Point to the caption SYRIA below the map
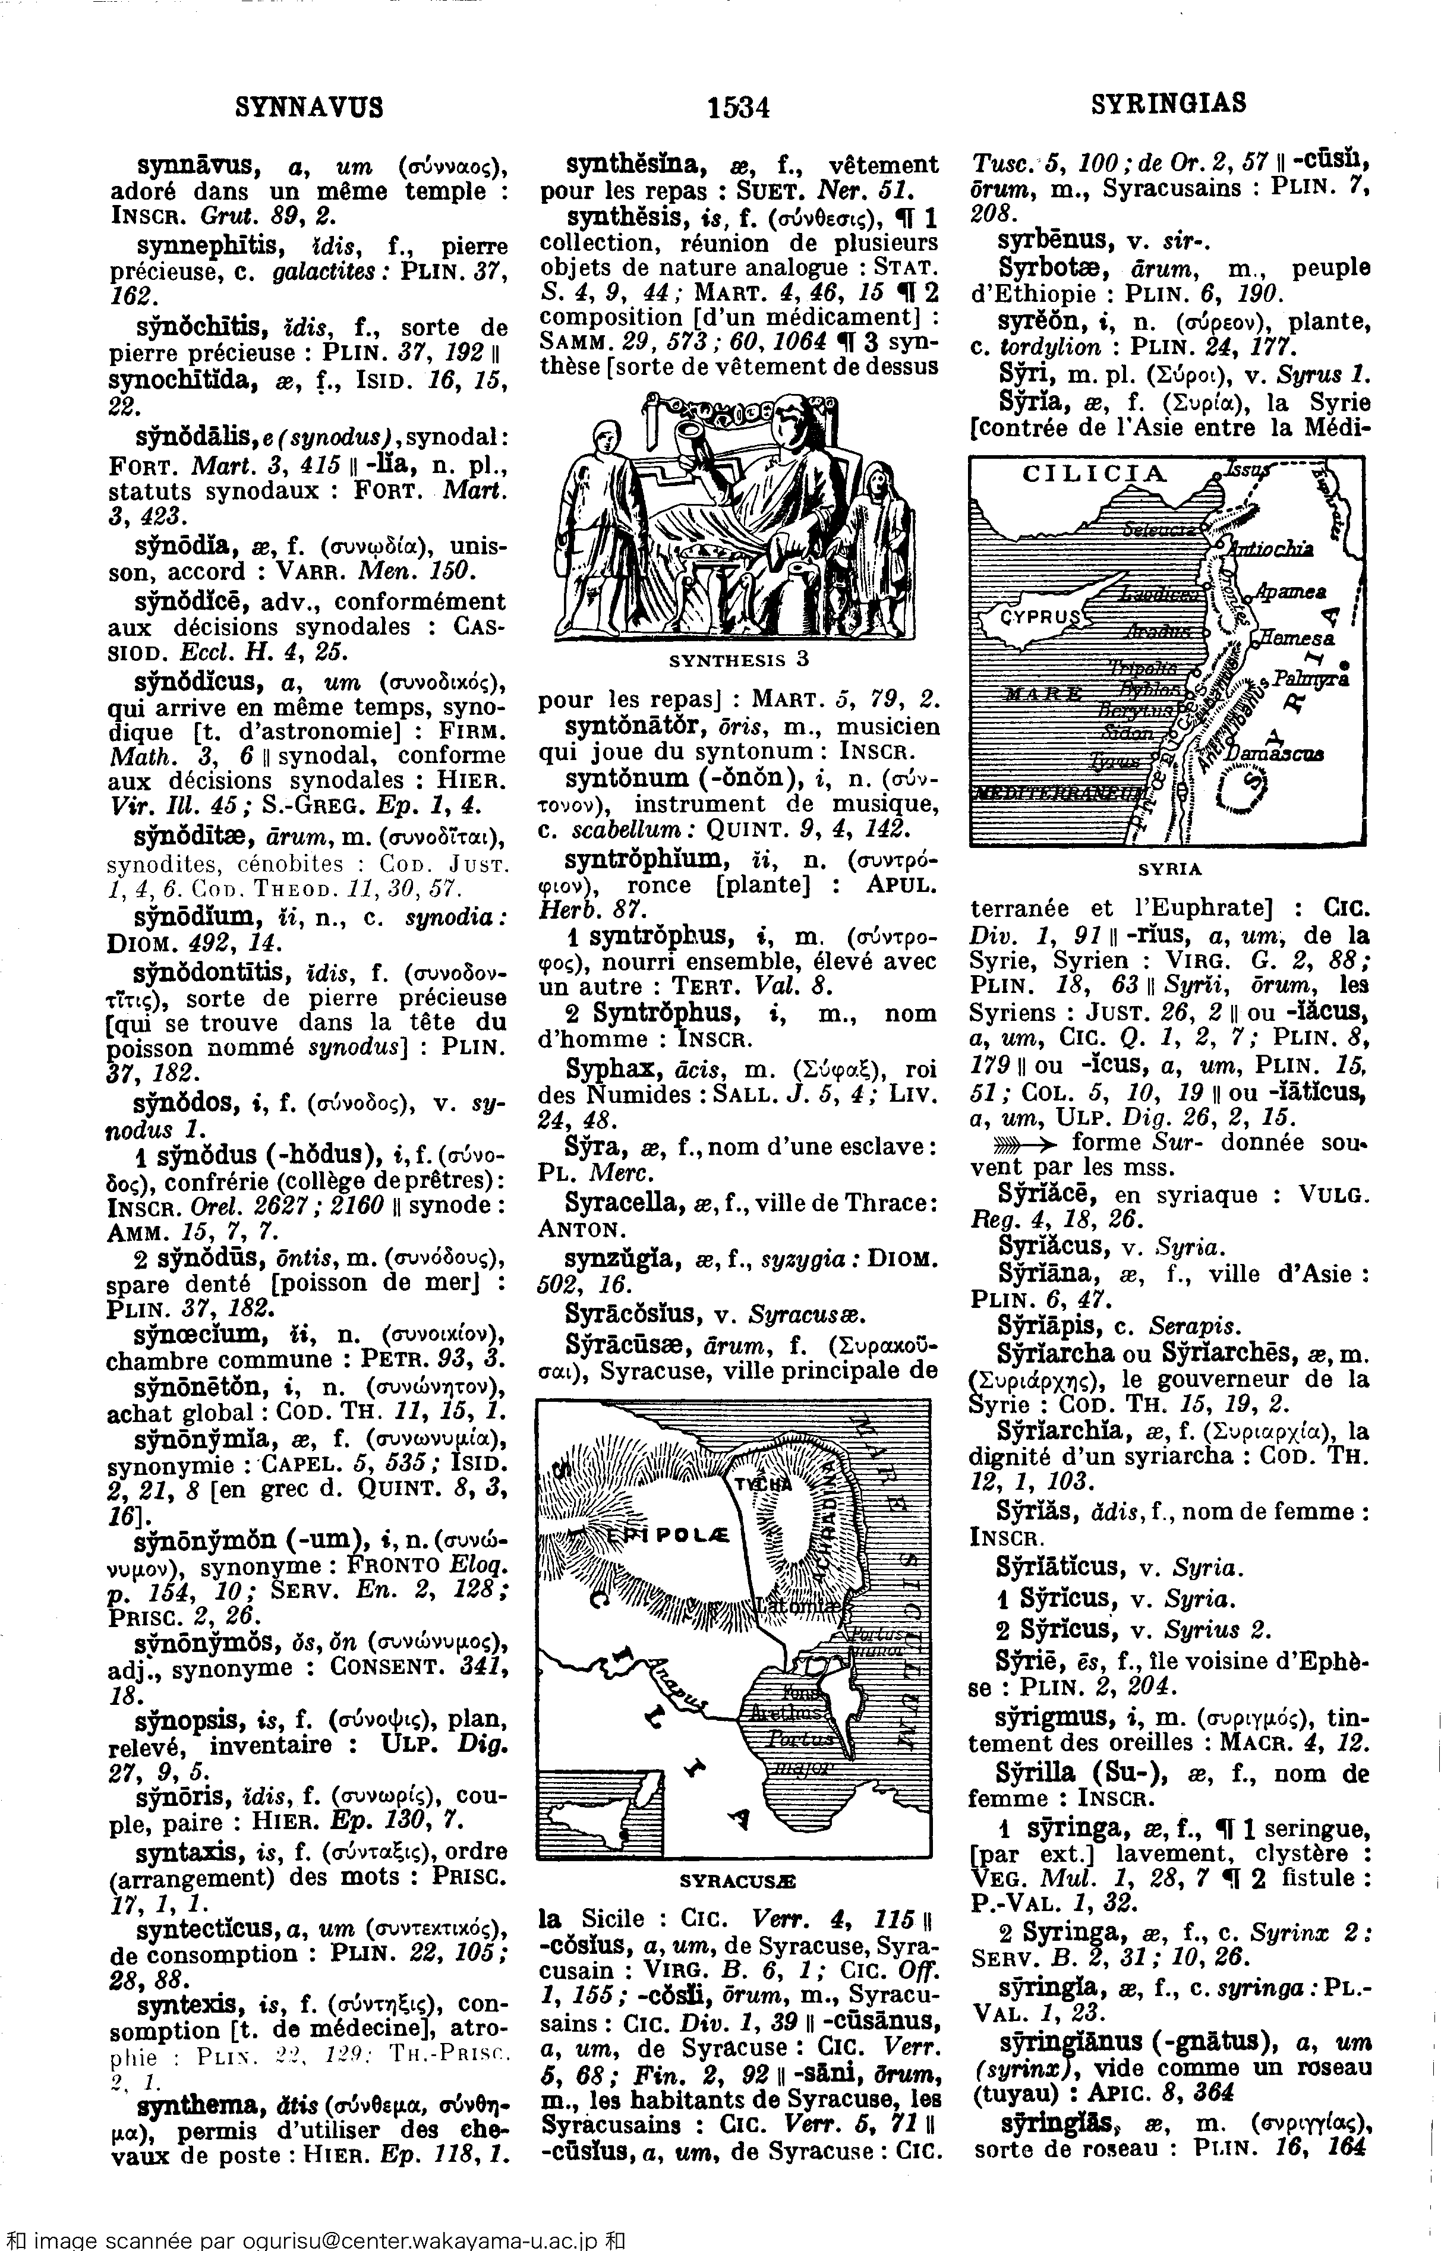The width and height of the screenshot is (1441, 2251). pyautogui.click(x=1169, y=868)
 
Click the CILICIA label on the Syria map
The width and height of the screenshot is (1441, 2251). pyautogui.click(x=1095, y=474)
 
